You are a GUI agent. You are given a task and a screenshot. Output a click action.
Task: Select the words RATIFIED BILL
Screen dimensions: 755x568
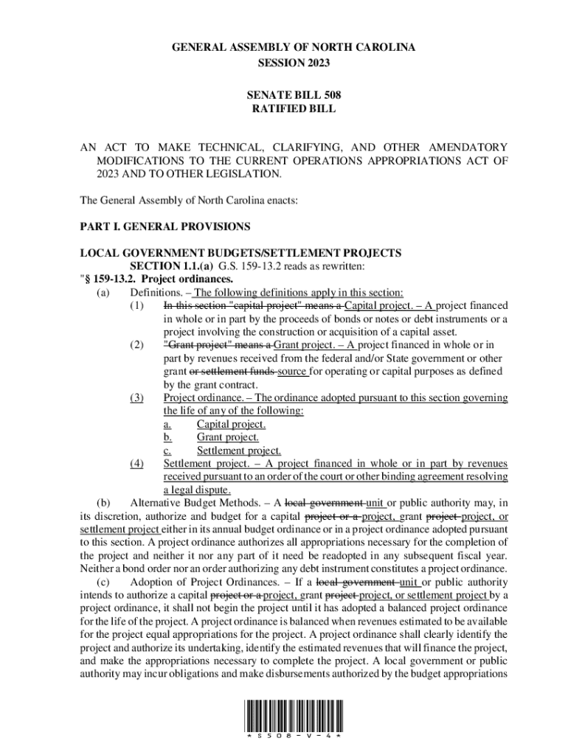(x=294, y=108)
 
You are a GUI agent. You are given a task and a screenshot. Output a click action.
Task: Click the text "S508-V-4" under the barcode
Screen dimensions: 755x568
(x=294, y=736)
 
